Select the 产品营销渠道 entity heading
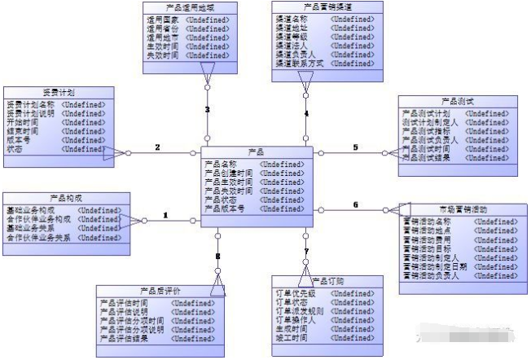tap(326, 7)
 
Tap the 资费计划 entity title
tap(58, 92)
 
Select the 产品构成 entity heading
tap(65, 198)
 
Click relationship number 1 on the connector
tap(165, 216)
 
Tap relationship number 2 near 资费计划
tap(157, 147)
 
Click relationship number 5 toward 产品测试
tap(355, 147)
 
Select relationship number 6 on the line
tap(355, 205)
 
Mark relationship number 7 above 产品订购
tap(306, 251)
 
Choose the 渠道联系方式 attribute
tap(298, 64)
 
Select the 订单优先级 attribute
tap(296, 292)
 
